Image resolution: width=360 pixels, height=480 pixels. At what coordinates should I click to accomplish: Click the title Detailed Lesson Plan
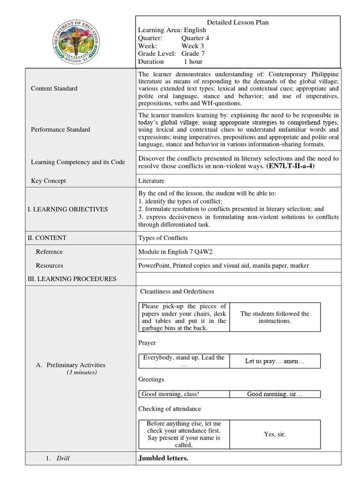[x=238, y=22]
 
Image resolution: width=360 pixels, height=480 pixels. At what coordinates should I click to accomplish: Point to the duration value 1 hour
[x=193, y=61]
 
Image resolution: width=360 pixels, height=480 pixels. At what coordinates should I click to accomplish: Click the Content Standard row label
[x=54, y=89]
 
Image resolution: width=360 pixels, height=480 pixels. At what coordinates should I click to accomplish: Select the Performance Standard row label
[x=60, y=129]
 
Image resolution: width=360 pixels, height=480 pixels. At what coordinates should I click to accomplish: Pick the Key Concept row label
[x=48, y=181]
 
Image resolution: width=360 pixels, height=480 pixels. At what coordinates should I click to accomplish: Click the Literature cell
[x=151, y=181]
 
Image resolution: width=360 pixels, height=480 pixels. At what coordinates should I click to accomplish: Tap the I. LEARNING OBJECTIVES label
[x=67, y=209]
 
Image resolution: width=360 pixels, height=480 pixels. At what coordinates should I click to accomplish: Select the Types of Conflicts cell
[x=163, y=238]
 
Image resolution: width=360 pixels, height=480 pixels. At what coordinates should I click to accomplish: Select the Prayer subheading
[x=147, y=343]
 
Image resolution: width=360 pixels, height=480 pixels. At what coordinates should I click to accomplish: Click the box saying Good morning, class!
[x=184, y=394]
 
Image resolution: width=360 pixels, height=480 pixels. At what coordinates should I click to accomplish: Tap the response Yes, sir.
[x=275, y=435]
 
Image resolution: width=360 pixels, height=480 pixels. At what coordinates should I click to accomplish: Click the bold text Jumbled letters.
[x=163, y=458]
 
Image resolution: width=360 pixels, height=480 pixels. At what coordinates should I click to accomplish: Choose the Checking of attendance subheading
[x=170, y=409]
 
